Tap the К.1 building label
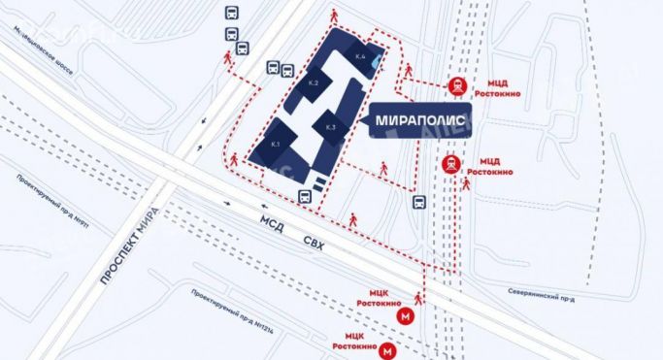tap(276, 145)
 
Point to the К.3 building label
tap(330, 127)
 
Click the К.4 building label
tap(360, 57)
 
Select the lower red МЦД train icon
tap(451, 164)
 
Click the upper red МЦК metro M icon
tap(405, 314)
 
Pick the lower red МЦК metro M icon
tap(388, 349)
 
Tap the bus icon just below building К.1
tap(305, 195)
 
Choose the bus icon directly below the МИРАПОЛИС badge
tap(418, 202)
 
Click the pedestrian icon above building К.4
tap(336, 16)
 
